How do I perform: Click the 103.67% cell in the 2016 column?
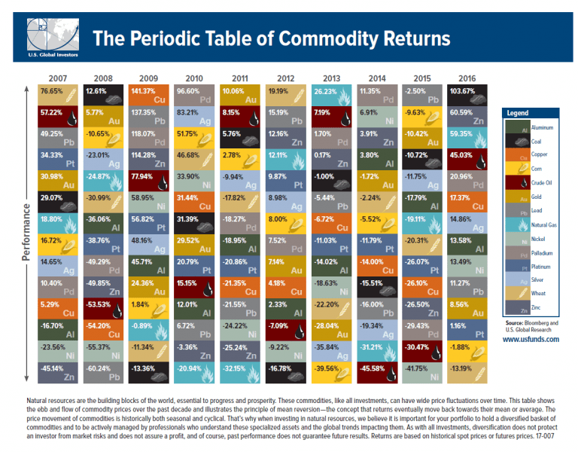pos(469,96)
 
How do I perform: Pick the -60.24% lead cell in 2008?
pos(105,368)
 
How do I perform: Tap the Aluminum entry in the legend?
pos(538,128)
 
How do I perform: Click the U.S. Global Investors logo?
pos(47,36)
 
